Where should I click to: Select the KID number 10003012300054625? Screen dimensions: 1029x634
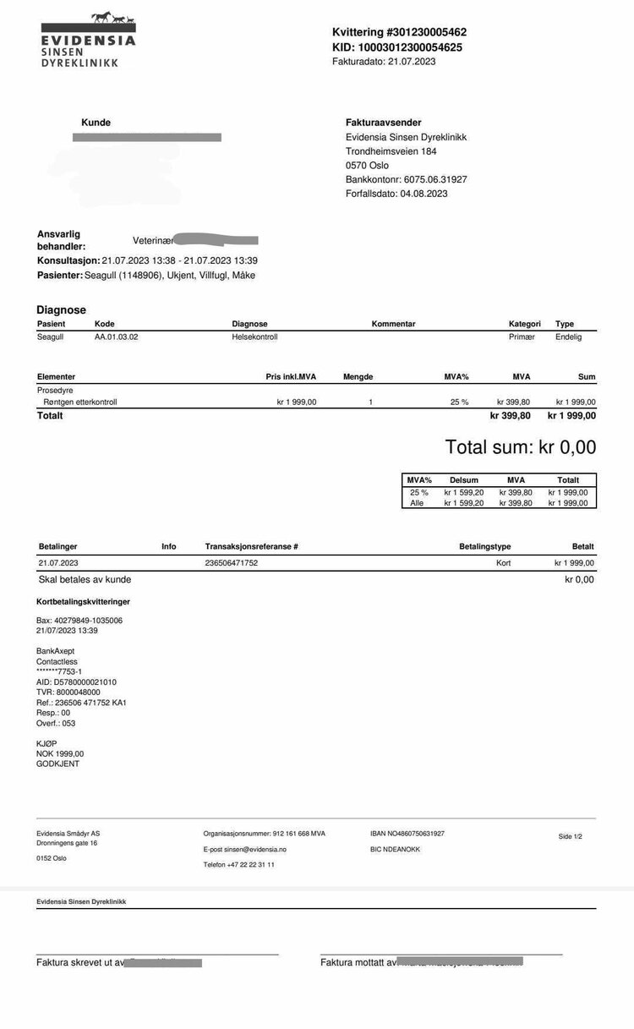[409, 47]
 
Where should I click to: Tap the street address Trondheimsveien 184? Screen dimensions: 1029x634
[391, 151]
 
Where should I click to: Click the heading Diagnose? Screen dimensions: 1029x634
[61, 310]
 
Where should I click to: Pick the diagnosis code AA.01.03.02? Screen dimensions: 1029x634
[116, 337]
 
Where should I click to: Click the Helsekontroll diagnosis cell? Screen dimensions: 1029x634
[254, 337]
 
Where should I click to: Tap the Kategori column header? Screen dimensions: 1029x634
[524, 324]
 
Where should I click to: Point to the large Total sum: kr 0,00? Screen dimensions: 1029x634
[520, 447]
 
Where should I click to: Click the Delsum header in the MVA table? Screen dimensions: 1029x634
[464, 479]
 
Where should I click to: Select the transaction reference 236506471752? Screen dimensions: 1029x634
[232, 562]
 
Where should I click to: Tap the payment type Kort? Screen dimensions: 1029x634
[503, 562]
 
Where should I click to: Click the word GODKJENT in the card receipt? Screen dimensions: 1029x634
[57, 764]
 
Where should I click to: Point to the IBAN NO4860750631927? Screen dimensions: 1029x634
[407, 834]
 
